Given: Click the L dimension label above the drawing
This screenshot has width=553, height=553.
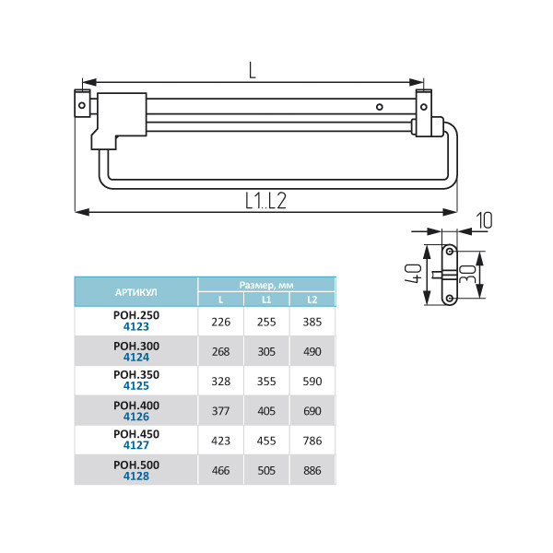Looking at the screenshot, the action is [x=252, y=70].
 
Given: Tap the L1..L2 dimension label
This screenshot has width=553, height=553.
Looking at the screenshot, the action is [x=265, y=201].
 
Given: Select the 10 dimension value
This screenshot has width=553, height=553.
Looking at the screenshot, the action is [x=485, y=220].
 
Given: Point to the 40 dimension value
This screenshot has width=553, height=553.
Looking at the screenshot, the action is [x=413, y=274].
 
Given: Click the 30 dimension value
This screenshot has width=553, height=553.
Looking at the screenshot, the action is [x=468, y=275].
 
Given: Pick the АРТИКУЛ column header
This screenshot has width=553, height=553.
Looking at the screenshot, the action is [x=136, y=292].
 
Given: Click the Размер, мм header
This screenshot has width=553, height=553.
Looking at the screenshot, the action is [x=266, y=285].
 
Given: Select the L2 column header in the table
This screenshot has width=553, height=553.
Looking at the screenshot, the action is [x=312, y=300].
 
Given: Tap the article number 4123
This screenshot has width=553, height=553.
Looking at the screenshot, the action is [x=136, y=326].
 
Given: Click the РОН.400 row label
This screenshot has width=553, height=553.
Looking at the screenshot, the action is [x=136, y=406].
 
